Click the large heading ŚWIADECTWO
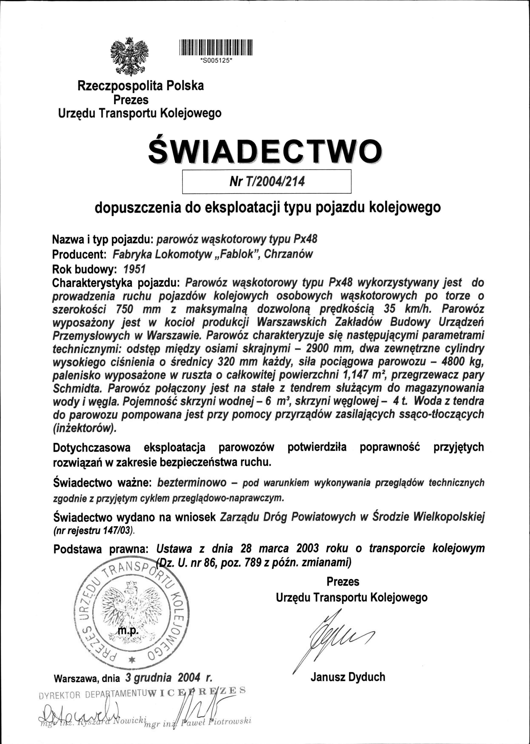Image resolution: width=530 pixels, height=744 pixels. [265, 151]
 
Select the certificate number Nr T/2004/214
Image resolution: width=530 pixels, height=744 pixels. [267, 181]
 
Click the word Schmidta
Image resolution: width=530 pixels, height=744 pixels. [77, 389]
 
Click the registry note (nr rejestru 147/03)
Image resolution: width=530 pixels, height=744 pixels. [93, 531]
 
